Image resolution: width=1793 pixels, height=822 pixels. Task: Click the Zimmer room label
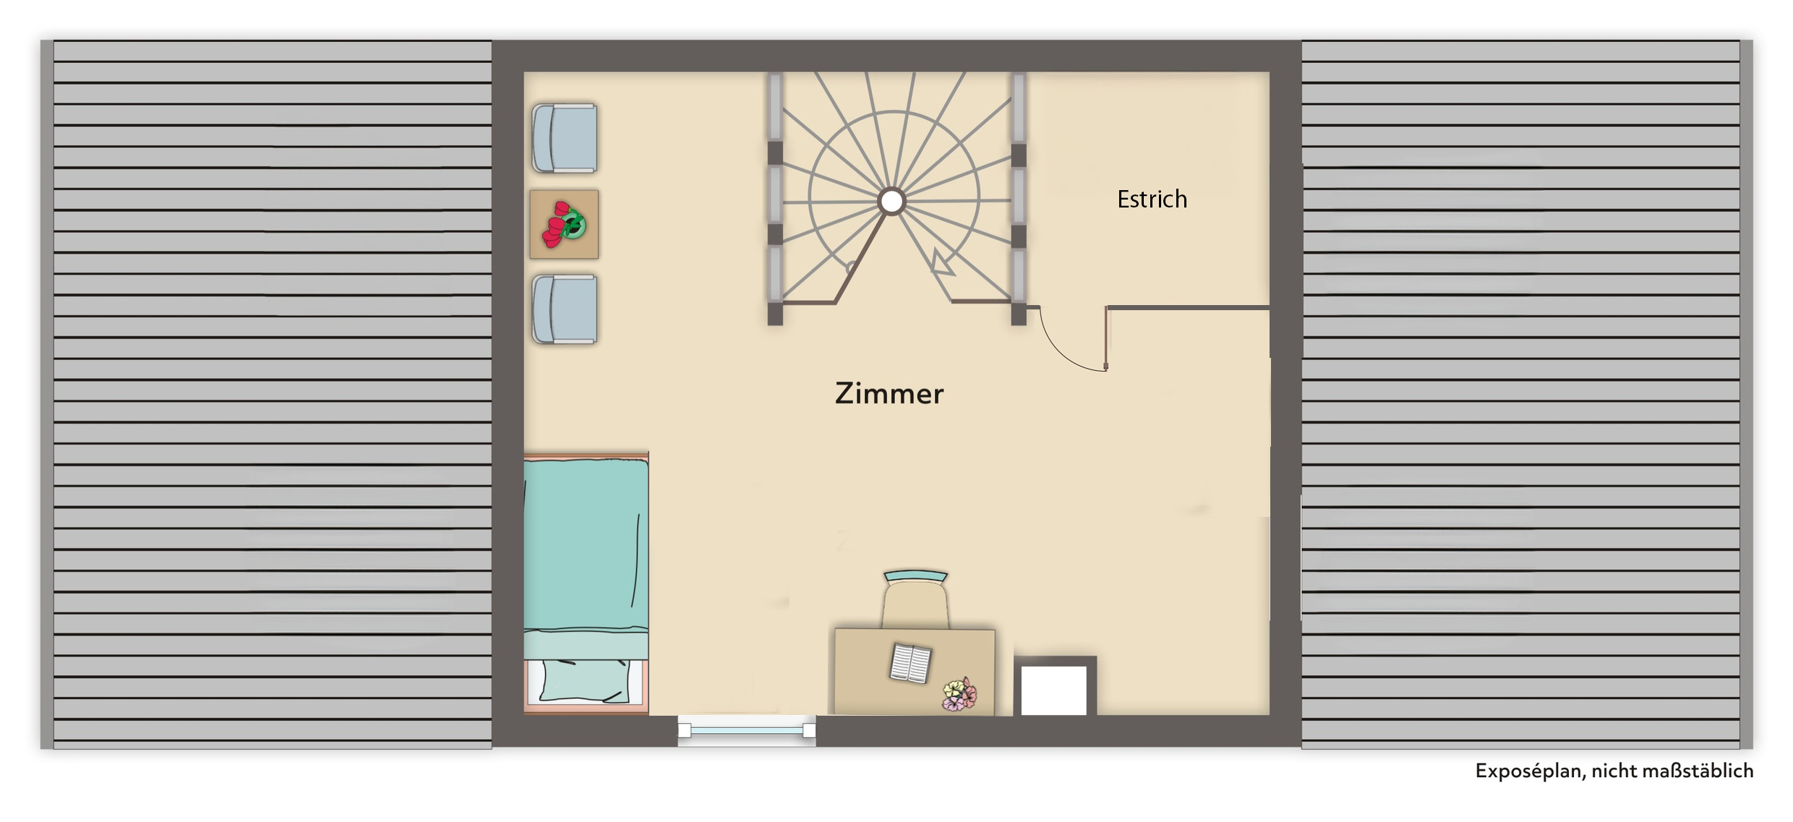pyautogui.click(x=889, y=393)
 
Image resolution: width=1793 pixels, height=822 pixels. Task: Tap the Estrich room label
pyautogui.click(x=1152, y=199)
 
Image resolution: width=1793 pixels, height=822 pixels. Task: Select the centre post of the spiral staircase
pyautogui.click(x=891, y=202)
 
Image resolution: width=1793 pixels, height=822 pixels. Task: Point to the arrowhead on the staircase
pyautogui.click(x=942, y=264)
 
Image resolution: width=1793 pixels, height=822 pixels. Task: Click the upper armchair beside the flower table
pyautogui.click(x=564, y=138)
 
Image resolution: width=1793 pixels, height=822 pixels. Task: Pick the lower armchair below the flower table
pyautogui.click(x=564, y=309)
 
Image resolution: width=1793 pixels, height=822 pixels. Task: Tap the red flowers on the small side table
pyautogui.click(x=564, y=224)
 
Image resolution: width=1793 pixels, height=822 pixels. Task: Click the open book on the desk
pyautogui.click(x=910, y=663)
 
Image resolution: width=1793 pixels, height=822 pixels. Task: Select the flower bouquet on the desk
pyautogui.click(x=959, y=694)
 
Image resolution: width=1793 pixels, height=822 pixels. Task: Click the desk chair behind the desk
pyautogui.click(x=915, y=600)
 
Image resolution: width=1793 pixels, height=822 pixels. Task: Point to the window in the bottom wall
pyautogui.click(x=747, y=731)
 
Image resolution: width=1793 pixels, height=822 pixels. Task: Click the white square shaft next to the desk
pyautogui.click(x=1054, y=686)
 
